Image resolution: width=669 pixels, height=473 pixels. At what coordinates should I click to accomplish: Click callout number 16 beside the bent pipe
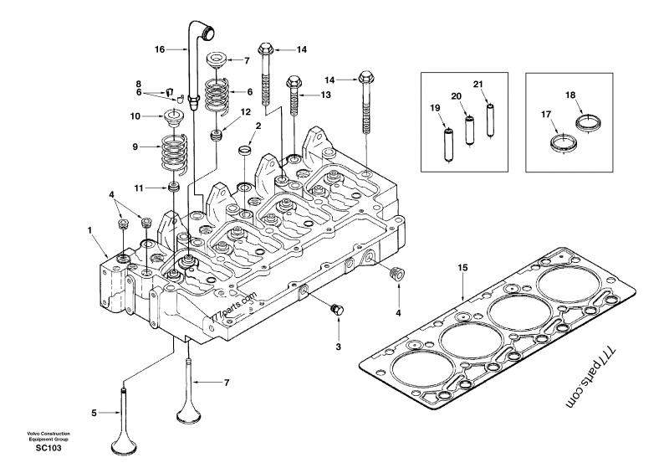159,50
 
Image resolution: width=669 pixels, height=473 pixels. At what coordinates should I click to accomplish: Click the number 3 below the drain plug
338,346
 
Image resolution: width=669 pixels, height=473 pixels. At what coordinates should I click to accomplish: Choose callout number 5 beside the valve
94,412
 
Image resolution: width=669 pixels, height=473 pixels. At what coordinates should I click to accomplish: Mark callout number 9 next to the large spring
135,147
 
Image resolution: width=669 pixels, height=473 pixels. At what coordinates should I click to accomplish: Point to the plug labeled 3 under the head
337,309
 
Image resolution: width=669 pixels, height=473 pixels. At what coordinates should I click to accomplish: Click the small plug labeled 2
245,149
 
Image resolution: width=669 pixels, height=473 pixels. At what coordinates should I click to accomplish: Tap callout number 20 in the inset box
456,96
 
